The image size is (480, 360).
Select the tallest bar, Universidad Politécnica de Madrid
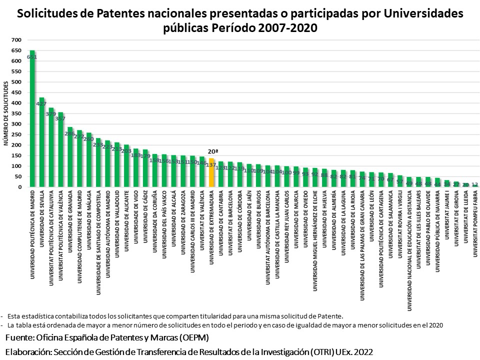(32, 120)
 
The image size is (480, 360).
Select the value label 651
(32, 57)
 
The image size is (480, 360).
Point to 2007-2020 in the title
(287, 28)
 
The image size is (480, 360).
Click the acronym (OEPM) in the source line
(192, 337)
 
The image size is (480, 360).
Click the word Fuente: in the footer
(22, 337)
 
